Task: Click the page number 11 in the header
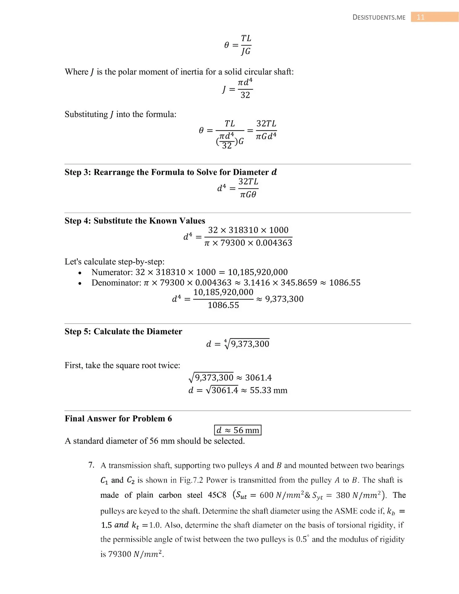point(420,17)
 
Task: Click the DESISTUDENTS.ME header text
point(379,18)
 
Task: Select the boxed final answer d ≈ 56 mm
point(238,430)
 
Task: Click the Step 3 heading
point(170,172)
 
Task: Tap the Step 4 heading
point(135,221)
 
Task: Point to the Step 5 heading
point(123,331)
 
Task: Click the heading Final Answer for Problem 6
point(118,419)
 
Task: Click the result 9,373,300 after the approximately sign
point(284,299)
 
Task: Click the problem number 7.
point(91,465)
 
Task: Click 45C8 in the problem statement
point(217,495)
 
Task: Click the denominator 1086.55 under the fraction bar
point(223,305)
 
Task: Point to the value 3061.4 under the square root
point(225,390)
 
